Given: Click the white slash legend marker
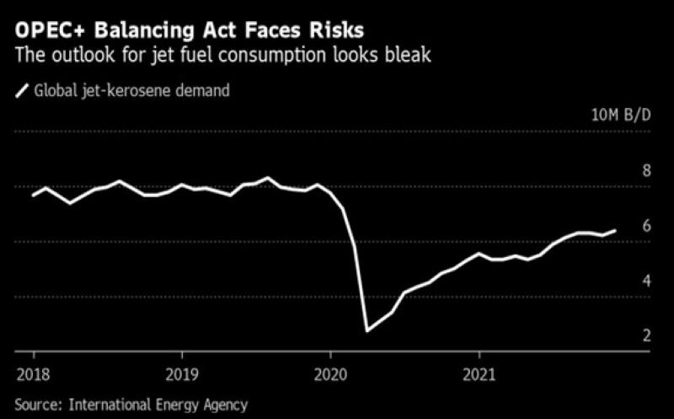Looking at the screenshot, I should (x=23, y=89).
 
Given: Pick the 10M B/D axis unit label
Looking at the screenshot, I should (x=622, y=115).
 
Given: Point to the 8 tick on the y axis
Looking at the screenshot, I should (x=646, y=170).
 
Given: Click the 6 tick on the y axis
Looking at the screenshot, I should (x=646, y=225).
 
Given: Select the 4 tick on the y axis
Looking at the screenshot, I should (x=646, y=280).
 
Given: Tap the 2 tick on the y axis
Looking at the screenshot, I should (x=646, y=336).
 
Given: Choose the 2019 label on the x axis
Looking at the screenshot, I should (x=181, y=372).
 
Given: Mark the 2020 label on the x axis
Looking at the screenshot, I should (x=330, y=372).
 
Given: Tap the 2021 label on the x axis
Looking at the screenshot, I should (x=479, y=372).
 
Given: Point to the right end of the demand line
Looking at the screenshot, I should (x=615, y=229).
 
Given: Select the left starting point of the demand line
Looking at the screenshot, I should (x=33, y=195).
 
